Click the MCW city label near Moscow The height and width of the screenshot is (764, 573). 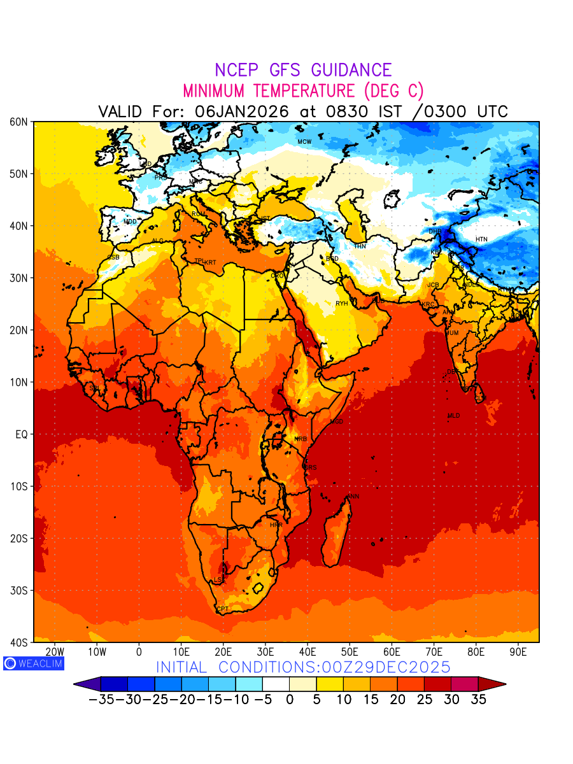click(x=304, y=141)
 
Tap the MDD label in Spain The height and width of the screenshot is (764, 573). click(x=130, y=222)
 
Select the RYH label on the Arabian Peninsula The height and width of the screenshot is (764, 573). click(x=342, y=304)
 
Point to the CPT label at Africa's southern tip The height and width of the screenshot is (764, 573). click(x=222, y=609)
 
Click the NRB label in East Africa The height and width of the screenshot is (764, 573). click(x=301, y=439)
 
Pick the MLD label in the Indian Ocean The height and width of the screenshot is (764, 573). click(x=453, y=416)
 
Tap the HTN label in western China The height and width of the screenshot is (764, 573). click(x=481, y=239)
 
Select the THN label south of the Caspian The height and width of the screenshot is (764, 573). click(x=360, y=246)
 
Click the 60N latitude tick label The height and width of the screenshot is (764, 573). click(x=20, y=122)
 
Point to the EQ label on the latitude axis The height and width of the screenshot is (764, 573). click(x=21, y=434)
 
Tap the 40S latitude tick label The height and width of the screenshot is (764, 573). click(x=20, y=642)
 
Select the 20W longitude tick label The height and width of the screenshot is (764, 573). click(x=55, y=652)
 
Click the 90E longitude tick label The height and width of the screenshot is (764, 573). click(x=518, y=652)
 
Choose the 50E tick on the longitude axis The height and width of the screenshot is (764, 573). click(x=350, y=652)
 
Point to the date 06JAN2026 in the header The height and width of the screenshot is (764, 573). click(x=242, y=111)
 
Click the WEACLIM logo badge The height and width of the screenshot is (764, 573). click(x=34, y=663)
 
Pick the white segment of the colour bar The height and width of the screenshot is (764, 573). click(x=276, y=684)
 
